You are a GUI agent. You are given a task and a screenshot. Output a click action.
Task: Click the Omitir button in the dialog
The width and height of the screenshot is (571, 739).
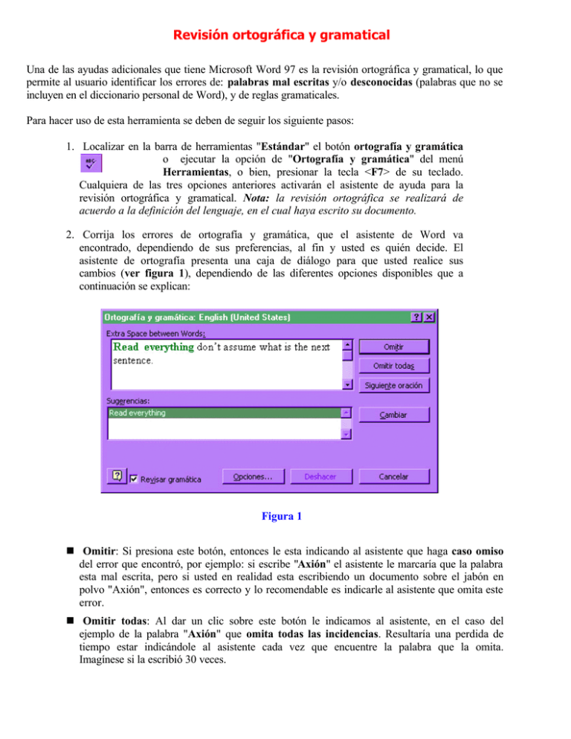click(394, 347)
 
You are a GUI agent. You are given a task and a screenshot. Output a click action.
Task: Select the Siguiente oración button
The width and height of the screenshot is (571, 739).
click(394, 385)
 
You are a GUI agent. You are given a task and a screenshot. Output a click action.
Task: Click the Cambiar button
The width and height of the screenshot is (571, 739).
click(394, 413)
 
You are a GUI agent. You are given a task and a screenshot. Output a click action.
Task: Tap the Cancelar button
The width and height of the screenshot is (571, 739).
click(394, 477)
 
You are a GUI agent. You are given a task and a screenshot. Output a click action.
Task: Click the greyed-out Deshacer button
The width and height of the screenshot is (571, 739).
click(322, 477)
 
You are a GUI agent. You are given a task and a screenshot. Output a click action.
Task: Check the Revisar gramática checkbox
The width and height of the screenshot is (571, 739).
click(134, 479)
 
